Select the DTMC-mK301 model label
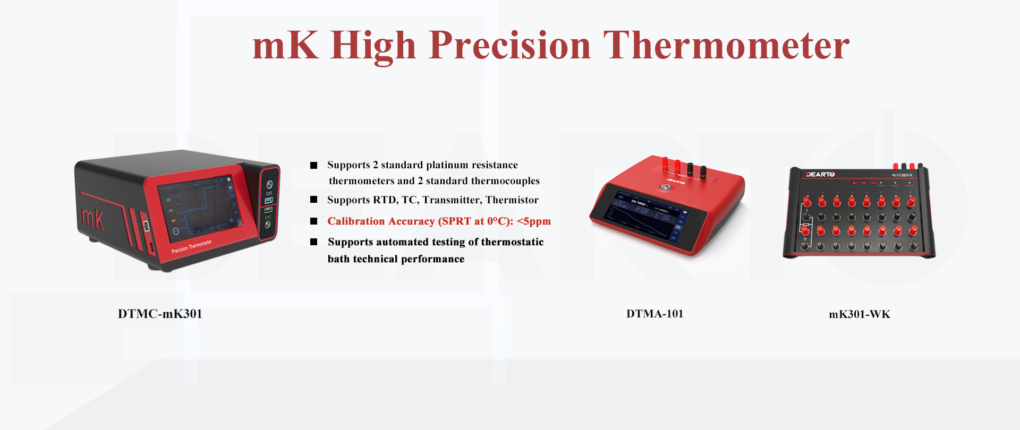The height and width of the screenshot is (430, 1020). coord(160,314)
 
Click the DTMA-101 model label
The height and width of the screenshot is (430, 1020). coord(654,314)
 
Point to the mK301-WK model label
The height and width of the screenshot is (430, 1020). coord(859,314)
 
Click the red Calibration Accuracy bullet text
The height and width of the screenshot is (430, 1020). coord(439,221)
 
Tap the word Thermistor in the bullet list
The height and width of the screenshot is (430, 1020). coord(512,200)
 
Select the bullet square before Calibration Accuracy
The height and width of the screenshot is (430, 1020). coord(314,221)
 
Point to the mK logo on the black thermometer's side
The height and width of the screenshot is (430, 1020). coord(92,218)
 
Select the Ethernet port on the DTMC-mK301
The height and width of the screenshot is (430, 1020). coord(146,226)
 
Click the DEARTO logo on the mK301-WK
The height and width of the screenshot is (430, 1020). coord(820,175)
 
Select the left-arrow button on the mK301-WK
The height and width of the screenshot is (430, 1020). coord(853,183)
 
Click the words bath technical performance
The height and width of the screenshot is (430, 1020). coord(396,259)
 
